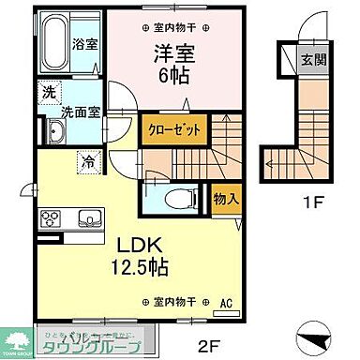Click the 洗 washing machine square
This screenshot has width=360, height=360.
coord(48,93)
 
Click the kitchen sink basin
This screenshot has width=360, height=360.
coord(88,220)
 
